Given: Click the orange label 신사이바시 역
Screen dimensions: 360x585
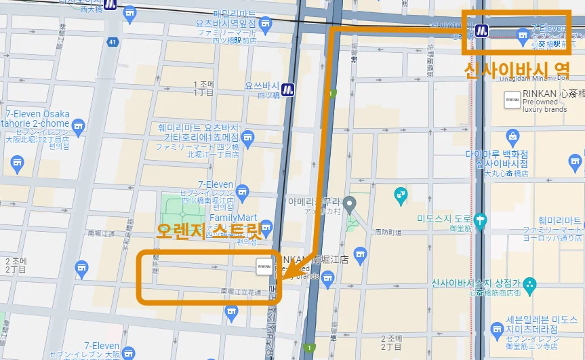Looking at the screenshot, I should [x=515, y=71].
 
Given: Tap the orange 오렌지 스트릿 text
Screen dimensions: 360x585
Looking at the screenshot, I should [x=209, y=231].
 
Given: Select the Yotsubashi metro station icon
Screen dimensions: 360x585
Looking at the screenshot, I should [x=288, y=87].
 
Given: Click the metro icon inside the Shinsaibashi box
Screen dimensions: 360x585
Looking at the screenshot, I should [x=481, y=31].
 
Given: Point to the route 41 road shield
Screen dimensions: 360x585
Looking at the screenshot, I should [x=113, y=42].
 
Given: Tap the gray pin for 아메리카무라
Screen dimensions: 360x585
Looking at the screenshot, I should [x=350, y=203].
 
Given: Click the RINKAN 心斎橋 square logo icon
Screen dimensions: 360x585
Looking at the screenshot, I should [x=512, y=100].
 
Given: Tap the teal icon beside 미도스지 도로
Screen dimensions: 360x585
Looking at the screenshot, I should [x=481, y=220].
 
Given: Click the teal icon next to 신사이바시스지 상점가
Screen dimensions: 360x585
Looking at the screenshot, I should [x=530, y=283].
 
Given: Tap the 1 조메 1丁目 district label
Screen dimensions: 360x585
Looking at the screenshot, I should [x=205, y=88].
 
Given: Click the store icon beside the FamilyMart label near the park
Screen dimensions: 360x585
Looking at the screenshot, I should [x=266, y=226].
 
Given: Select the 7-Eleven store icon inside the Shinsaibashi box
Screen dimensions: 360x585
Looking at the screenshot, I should [x=522, y=33].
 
